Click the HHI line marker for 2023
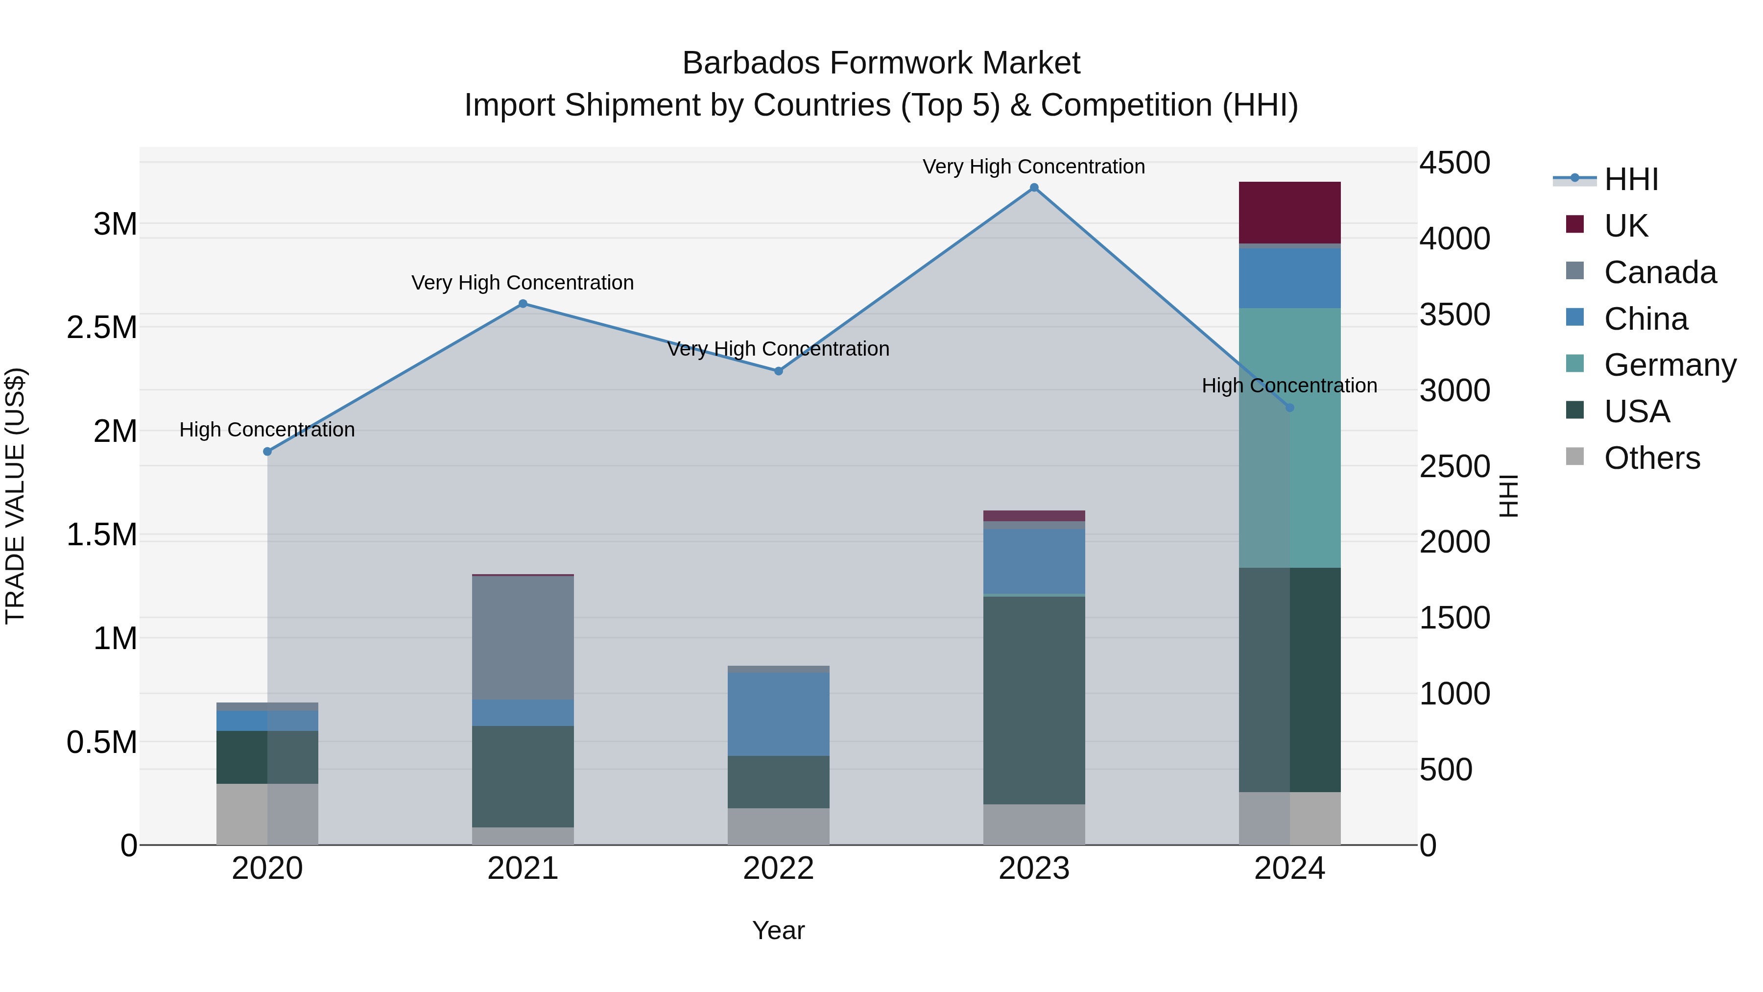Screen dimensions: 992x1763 pos(1034,188)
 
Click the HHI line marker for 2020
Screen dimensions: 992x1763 pos(267,451)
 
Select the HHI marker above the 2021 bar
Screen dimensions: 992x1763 pos(523,303)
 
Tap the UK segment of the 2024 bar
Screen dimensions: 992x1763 pos(1289,212)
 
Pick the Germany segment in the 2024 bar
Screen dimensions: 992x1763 pos(1289,438)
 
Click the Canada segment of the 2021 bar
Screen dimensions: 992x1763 pos(523,637)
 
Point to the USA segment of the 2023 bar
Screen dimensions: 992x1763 pos(1034,700)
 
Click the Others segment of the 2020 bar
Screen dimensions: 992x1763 pos(267,814)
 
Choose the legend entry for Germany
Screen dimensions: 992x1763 pos(1670,365)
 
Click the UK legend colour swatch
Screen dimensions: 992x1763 pos(1575,224)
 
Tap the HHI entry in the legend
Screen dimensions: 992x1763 pos(1631,179)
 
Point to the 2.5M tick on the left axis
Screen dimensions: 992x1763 pos(102,327)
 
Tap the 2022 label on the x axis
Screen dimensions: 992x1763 pos(778,869)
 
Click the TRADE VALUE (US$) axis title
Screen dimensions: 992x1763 pos(15,496)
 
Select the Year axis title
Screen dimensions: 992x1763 pos(778,930)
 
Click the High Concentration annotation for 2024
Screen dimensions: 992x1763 pos(1289,386)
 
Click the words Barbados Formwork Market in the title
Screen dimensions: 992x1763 pos(881,63)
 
